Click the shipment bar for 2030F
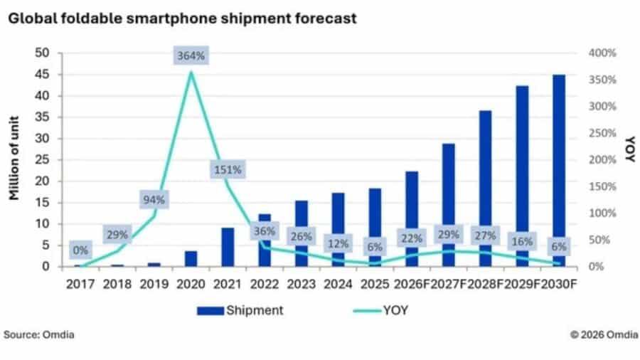click(559, 171)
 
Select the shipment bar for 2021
click(228, 247)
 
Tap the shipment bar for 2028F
click(485, 189)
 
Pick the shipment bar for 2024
click(338, 230)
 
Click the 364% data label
click(191, 55)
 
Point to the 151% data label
click(228, 169)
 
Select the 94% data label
click(154, 200)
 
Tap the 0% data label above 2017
click(80, 250)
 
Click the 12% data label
click(338, 243)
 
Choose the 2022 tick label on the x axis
click(265, 284)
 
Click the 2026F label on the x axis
click(412, 284)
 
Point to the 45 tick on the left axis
click(42, 74)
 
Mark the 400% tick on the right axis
click(602, 53)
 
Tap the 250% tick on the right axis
click(602, 133)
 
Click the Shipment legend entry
click(240, 310)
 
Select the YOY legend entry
click(380, 310)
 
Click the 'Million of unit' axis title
click(14, 158)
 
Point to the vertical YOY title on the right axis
click(631, 149)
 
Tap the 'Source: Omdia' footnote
click(39, 334)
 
